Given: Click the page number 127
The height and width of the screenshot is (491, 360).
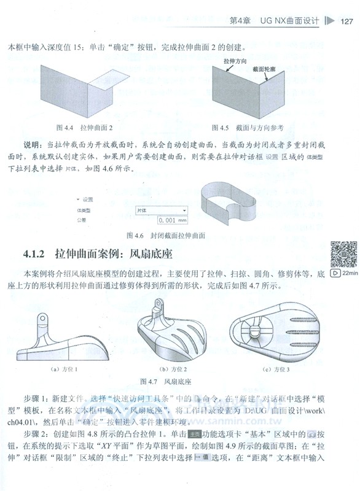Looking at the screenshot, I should click(346, 22).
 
